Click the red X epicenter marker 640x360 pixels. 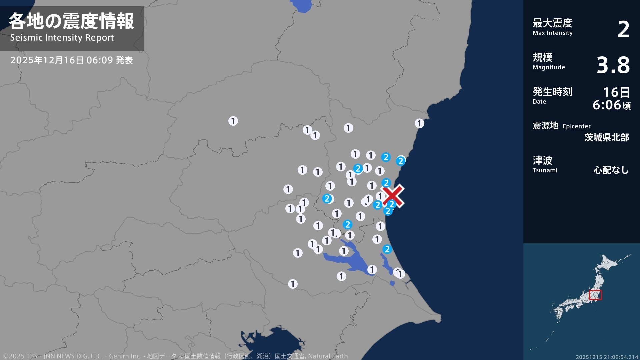coord(393,196)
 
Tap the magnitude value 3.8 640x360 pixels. coord(613,65)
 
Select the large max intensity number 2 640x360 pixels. coord(623,30)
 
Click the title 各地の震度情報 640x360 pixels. coord(71,21)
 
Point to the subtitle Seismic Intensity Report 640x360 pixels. coord(62,38)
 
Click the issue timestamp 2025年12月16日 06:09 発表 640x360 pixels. coord(71,60)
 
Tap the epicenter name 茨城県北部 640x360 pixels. coord(607,137)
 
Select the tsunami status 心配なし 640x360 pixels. coord(611,170)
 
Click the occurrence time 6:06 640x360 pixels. coord(607,105)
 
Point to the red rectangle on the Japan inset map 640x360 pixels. coord(595,295)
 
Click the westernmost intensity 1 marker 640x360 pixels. coord(233,121)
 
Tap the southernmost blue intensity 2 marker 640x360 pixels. coord(387,249)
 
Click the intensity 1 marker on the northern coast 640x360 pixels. coord(419,123)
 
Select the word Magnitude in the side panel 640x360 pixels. coord(549,67)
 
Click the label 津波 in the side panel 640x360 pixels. coord(542,160)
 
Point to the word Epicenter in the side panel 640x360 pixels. coord(576,126)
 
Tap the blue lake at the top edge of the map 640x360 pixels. coord(301,6)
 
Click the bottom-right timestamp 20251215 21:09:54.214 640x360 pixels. coord(607,357)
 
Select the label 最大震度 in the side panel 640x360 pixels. coord(552,23)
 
